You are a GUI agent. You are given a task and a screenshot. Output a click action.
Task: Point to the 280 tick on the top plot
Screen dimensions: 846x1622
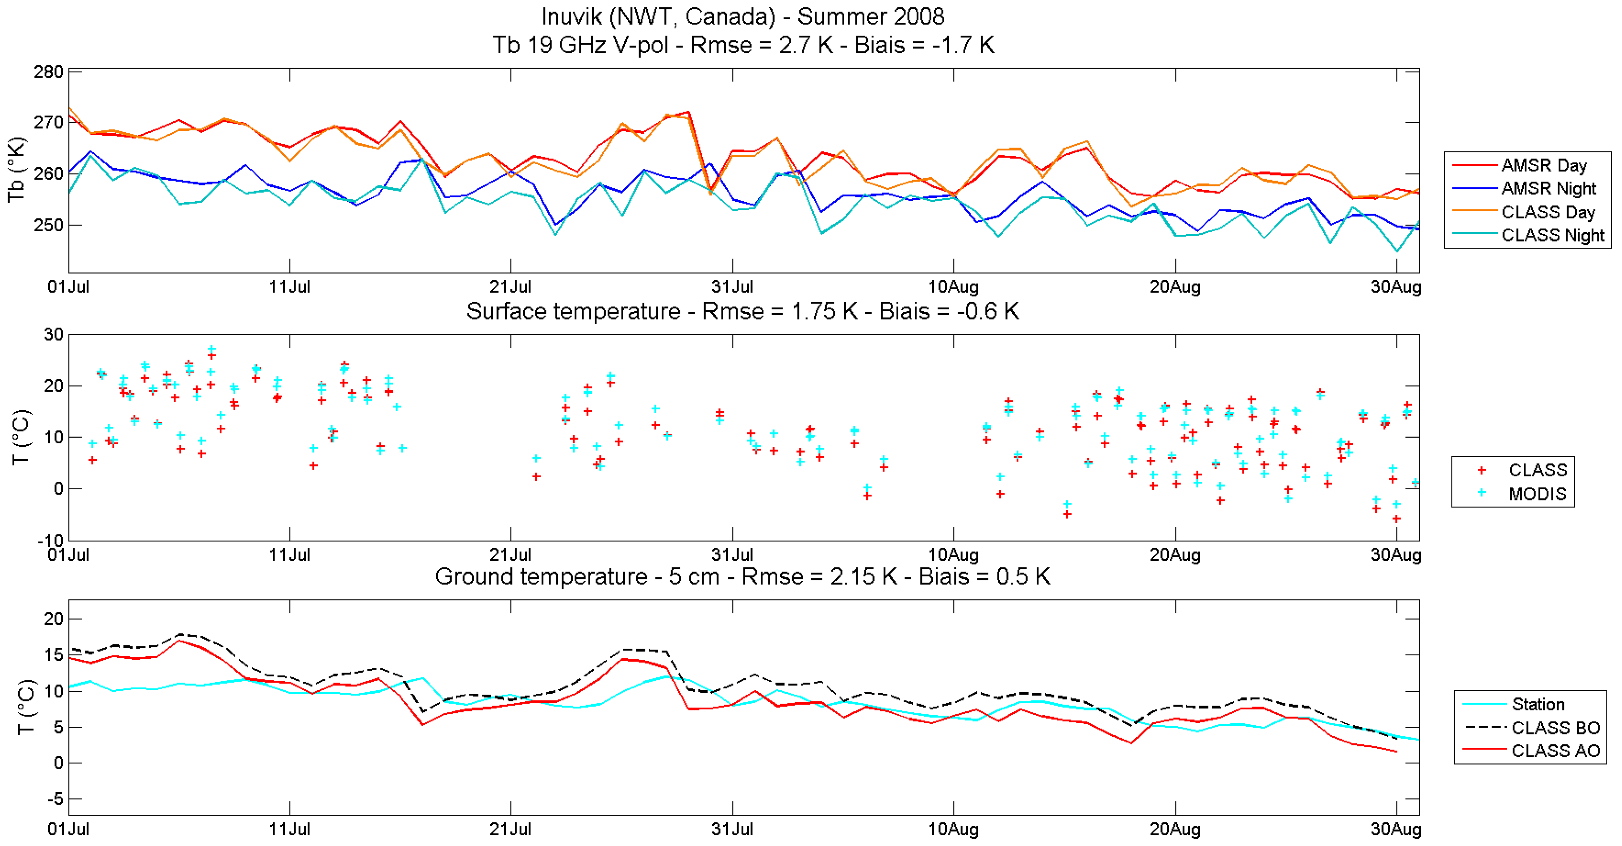(49, 72)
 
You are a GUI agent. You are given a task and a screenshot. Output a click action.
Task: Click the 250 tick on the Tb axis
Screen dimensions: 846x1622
(49, 225)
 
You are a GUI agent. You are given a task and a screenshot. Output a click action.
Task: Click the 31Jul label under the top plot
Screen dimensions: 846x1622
(732, 288)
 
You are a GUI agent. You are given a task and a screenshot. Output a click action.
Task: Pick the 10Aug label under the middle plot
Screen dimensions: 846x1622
(953, 555)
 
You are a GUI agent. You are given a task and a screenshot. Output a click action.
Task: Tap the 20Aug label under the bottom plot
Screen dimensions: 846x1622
(1175, 829)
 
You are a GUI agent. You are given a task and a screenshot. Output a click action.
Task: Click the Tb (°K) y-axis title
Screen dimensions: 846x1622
(17, 171)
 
